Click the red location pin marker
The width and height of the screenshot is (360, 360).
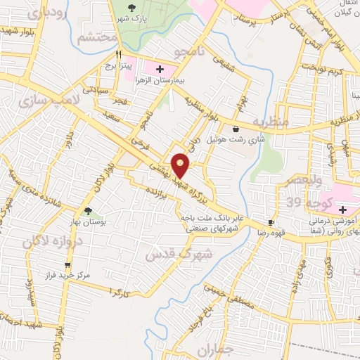click(x=181, y=164)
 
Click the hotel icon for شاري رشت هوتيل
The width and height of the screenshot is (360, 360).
click(x=235, y=129)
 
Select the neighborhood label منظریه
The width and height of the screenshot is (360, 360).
click(x=271, y=122)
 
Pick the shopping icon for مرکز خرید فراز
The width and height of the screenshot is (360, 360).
click(x=67, y=265)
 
